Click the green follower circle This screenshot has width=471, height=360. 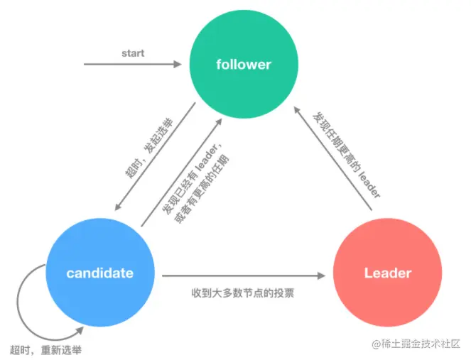click(243, 65)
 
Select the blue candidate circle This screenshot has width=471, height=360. click(99, 273)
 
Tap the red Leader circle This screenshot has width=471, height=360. click(387, 273)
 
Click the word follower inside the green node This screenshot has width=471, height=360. click(243, 65)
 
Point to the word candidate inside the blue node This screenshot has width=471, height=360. click(99, 273)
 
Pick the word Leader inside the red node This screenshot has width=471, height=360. click(387, 273)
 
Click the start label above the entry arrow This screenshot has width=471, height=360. click(133, 53)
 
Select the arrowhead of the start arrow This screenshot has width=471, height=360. click(178, 65)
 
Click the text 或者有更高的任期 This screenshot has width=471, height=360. click(202, 190)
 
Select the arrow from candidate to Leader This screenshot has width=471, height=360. click(242, 274)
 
